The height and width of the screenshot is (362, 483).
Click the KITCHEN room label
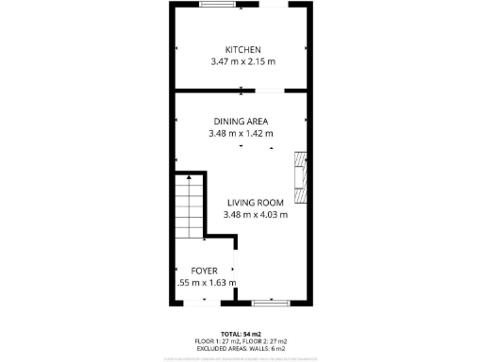(x=242, y=50)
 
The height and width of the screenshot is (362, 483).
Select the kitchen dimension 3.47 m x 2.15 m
(x=242, y=62)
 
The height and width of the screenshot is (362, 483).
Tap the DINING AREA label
(x=241, y=122)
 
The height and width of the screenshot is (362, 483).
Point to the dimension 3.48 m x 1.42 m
(x=241, y=134)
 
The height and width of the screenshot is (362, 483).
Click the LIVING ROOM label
(x=255, y=202)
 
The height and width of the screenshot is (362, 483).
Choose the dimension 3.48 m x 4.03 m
(x=255, y=214)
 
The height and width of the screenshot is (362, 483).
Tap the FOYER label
(x=206, y=270)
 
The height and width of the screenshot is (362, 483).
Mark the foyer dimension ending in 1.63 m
(x=207, y=282)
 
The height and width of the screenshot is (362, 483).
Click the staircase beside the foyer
(x=191, y=209)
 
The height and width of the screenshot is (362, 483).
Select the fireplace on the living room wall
(x=301, y=177)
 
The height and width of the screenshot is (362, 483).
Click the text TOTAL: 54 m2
(x=241, y=334)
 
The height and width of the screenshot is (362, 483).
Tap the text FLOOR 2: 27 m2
(x=267, y=340)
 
